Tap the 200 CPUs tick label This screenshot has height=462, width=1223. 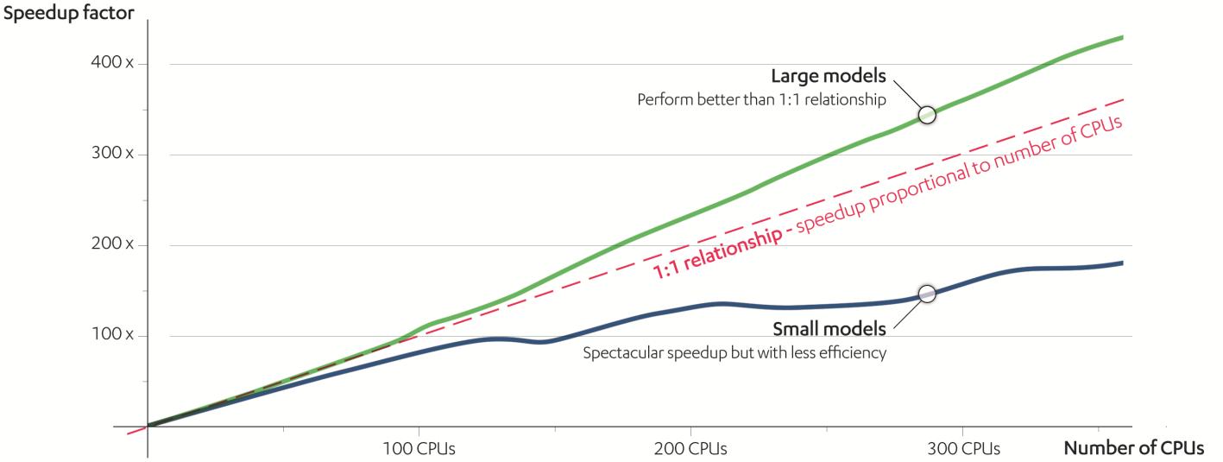coord(690,449)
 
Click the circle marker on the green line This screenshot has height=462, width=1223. coord(927,115)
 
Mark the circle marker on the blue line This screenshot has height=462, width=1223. coord(926,294)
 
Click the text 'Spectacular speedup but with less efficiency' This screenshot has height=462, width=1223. coord(734,352)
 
